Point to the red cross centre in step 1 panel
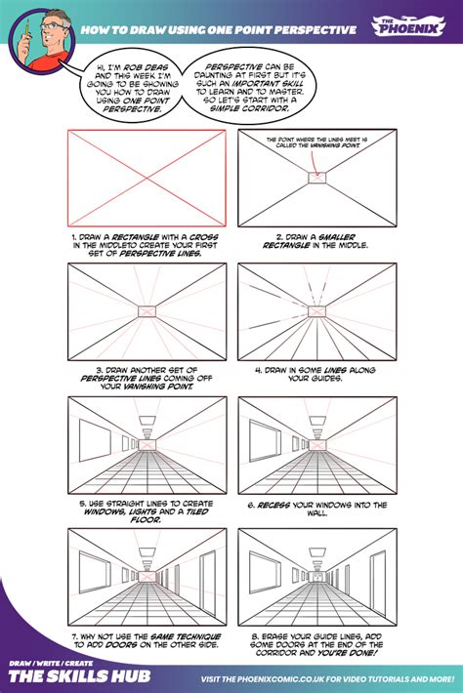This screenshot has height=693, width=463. (x=147, y=179)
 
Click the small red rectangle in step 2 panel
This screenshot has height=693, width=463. (x=319, y=178)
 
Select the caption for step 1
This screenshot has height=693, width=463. (x=147, y=243)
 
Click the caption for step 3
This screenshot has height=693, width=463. (x=147, y=377)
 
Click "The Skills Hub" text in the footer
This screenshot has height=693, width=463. (x=63, y=676)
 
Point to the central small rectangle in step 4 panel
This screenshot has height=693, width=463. (x=319, y=310)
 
